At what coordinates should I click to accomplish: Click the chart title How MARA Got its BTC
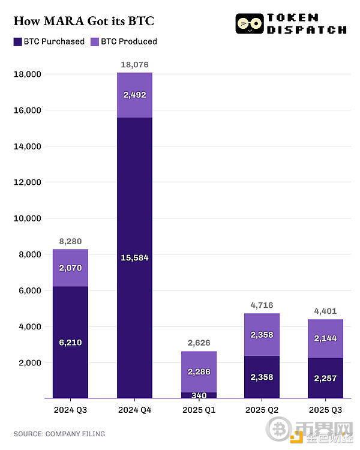[83, 22]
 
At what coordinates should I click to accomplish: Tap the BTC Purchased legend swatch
[17, 41]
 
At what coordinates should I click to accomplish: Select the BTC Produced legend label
[128, 41]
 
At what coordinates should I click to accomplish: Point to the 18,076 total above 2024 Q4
[134, 65]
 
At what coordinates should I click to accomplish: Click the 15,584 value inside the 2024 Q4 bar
[134, 257]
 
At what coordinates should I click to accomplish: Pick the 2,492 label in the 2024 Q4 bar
[134, 95]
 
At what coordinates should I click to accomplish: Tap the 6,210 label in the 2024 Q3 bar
[70, 342]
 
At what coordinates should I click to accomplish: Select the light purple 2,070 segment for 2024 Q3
[70, 268]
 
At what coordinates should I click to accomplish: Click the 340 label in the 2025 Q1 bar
[198, 395]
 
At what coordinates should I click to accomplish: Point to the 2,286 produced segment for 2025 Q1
[198, 372]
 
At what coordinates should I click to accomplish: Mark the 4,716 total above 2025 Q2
[262, 305]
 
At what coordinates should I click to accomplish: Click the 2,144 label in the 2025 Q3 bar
[326, 338]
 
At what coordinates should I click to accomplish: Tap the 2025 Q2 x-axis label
[262, 409]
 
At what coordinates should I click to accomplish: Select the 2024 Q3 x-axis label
[70, 409]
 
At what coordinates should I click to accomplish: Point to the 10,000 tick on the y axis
[26, 218]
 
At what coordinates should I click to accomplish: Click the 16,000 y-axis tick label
[26, 110]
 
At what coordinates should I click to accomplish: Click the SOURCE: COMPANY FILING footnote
[59, 434]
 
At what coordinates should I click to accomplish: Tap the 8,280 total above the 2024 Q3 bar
[70, 241]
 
